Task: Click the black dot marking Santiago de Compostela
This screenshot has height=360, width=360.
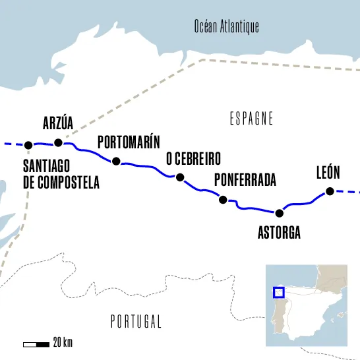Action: tap(28, 145)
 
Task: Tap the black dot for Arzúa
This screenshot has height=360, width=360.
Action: tap(58, 142)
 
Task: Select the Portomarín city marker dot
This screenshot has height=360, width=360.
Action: tap(116, 161)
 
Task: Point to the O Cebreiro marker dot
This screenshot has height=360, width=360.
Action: tap(179, 177)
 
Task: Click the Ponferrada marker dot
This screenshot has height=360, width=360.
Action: tap(223, 200)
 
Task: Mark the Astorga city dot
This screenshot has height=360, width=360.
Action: tap(279, 213)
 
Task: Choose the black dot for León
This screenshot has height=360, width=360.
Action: tap(329, 192)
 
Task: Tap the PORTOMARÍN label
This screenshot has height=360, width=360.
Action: tap(129, 142)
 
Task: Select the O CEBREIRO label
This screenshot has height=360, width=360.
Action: tap(193, 159)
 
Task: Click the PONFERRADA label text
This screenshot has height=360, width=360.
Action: tap(245, 180)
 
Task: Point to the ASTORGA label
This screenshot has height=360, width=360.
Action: tap(279, 233)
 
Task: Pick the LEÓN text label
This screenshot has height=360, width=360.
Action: tap(328, 173)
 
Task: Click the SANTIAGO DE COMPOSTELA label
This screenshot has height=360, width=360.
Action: tap(61, 174)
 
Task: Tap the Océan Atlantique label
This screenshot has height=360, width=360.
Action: tap(226, 26)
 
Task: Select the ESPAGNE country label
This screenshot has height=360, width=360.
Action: tap(251, 119)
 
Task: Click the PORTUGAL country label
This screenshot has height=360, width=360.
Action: tap(135, 322)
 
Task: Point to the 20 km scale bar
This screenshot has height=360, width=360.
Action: tap(36, 344)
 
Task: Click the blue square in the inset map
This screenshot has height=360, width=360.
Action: tap(279, 292)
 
